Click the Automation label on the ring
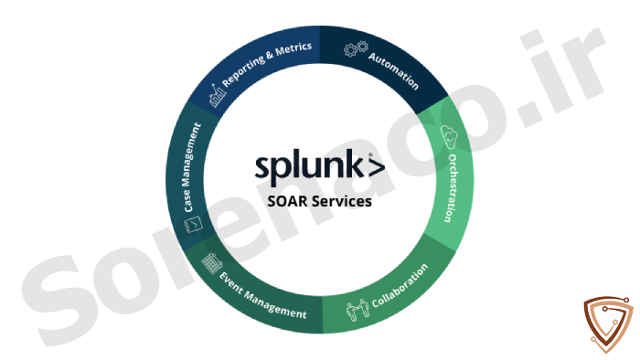click(x=393, y=70)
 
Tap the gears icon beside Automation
click(x=356, y=48)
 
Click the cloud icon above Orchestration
click(x=449, y=136)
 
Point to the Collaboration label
click(x=400, y=285)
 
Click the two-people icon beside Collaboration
click(x=358, y=310)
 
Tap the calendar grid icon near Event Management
click(x=212, y=263)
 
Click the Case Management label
click(x=192, y=167)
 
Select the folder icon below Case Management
click(x=193, y=225)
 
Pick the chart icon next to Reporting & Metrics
click(x=218, y=95)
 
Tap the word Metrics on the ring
click(x=293, y=49)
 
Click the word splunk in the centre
click(x=309, y=166)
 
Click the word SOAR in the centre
click(x=288, y=201)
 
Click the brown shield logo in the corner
click(x=608, y=324)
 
